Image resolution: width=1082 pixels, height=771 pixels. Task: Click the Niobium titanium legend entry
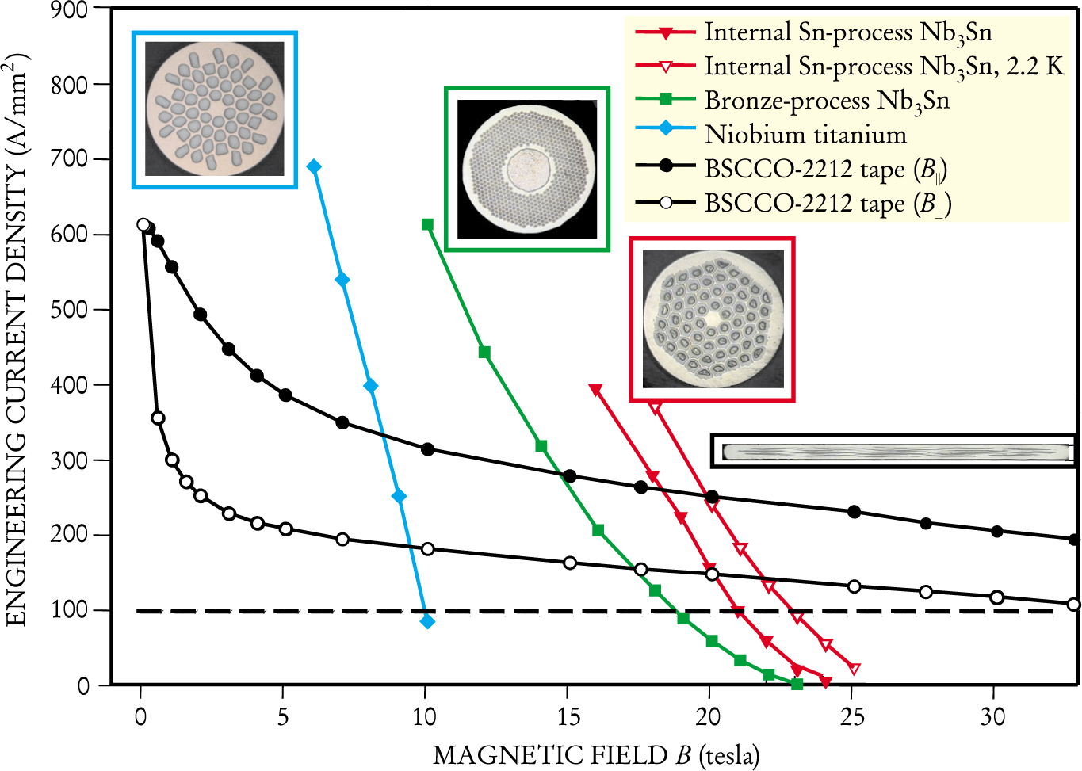pyautogui.click(x=805, y=135)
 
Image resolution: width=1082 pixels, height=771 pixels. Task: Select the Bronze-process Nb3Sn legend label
pyautogui.click(x=827, y=101)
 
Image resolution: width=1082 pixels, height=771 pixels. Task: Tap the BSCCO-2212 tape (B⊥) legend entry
pyautogui.click(x=828, y=204)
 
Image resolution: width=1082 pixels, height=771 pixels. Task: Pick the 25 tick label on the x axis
pyautogui.click(x=852, y=717)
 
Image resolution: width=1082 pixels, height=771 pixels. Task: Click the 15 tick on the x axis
pyautogui.click(x=568, y=717)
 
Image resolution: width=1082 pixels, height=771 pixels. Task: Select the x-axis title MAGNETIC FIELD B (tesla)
pyautogui.click(x=595, y=755)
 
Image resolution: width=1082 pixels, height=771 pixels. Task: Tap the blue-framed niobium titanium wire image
pyautogui.click(x=215, y=109)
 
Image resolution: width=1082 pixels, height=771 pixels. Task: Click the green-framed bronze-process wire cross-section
pyautogui.click(x=527, y=169)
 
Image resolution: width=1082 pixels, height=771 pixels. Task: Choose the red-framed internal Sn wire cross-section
pyautogui.click(x=712, y=319)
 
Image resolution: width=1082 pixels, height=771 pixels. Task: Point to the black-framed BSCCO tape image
pyautogui.click(x=893, y=451)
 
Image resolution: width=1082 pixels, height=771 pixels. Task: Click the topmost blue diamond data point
pyautogui.click(x=314, y=166)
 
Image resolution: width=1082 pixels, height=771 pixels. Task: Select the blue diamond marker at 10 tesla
pyautogui.click(x=427, y=621)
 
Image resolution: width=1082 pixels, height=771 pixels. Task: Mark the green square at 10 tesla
pyautogui.click(x=427, y=225)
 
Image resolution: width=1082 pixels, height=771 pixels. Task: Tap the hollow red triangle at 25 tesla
pyautogui.click(x=854, y=669)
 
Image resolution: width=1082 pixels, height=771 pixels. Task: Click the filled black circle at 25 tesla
pyautogui.click(x=854, y=512)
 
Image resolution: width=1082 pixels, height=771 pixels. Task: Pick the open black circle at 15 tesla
pyautogui.click(x=569, y=563)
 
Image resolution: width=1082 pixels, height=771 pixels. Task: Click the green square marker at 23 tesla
pyautogui.click(x=797, y=684)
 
